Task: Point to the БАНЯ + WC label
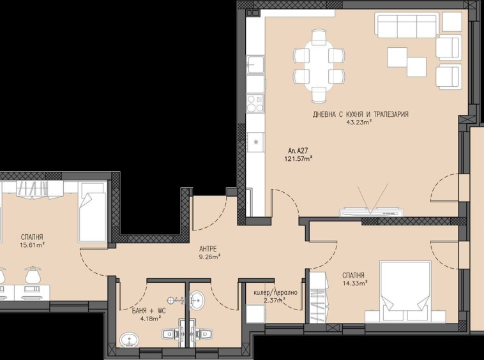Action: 148,310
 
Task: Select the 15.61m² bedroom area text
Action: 32,244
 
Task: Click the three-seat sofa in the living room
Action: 407,26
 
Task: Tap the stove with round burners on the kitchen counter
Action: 255,103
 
